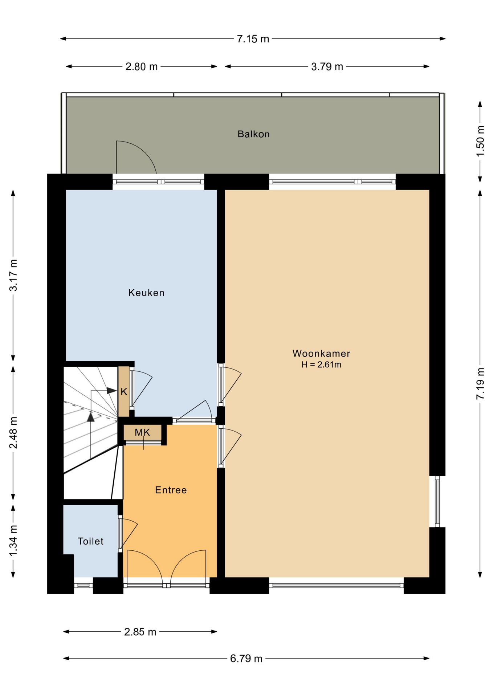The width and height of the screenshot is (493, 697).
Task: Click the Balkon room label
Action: click(x=253, y=134)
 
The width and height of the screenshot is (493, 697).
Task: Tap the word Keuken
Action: click(x=146, y=293)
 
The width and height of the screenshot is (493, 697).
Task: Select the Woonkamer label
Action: click(x=321, y=353)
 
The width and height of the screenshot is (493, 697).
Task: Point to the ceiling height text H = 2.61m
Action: click(x=321, y=364)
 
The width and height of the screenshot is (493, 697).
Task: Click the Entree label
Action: click(x=171, y=490)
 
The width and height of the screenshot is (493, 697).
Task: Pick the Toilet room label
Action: click(x=90, y=541)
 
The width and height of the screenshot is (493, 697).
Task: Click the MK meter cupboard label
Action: click(x=142, y=432)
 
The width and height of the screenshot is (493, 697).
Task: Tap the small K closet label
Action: click(x=124, y=392)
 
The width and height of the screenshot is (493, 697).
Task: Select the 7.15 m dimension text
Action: click(x=253, y=39)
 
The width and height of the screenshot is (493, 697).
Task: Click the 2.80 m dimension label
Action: click(x=142, y=66)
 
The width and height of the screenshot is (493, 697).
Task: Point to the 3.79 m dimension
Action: click(x=327, y=66)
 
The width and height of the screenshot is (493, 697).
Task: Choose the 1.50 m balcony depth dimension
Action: click(x=480, y=141)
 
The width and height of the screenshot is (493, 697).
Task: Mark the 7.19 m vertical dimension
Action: click(x=480, y=384)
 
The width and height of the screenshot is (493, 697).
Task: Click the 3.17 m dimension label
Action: click(x=13, y=275)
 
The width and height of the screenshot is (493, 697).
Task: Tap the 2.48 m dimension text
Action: click(x=13, y=432)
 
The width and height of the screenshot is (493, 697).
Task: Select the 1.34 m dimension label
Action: click(x=13, y=540)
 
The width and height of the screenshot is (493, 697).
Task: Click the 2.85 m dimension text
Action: click(x=140, y=632)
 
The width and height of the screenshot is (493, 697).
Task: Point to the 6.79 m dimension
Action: click(x=246, y=658)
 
